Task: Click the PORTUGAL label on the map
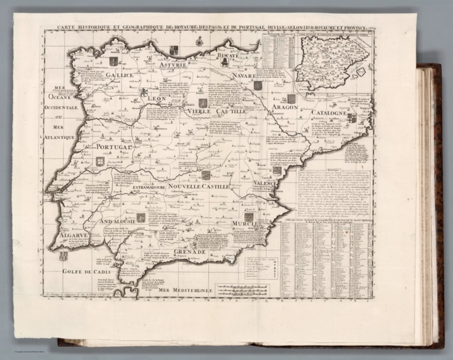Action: pyautogui.click(x=107, y=149)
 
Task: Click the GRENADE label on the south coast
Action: pyautogui.click(x=189, y=251)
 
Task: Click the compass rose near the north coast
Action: pyautogui.click(x=199, y=41)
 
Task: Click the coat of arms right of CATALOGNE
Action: pyautogui.click(x=352, y=118)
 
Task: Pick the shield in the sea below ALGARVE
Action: pyautogui.click(x=64, y=256)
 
